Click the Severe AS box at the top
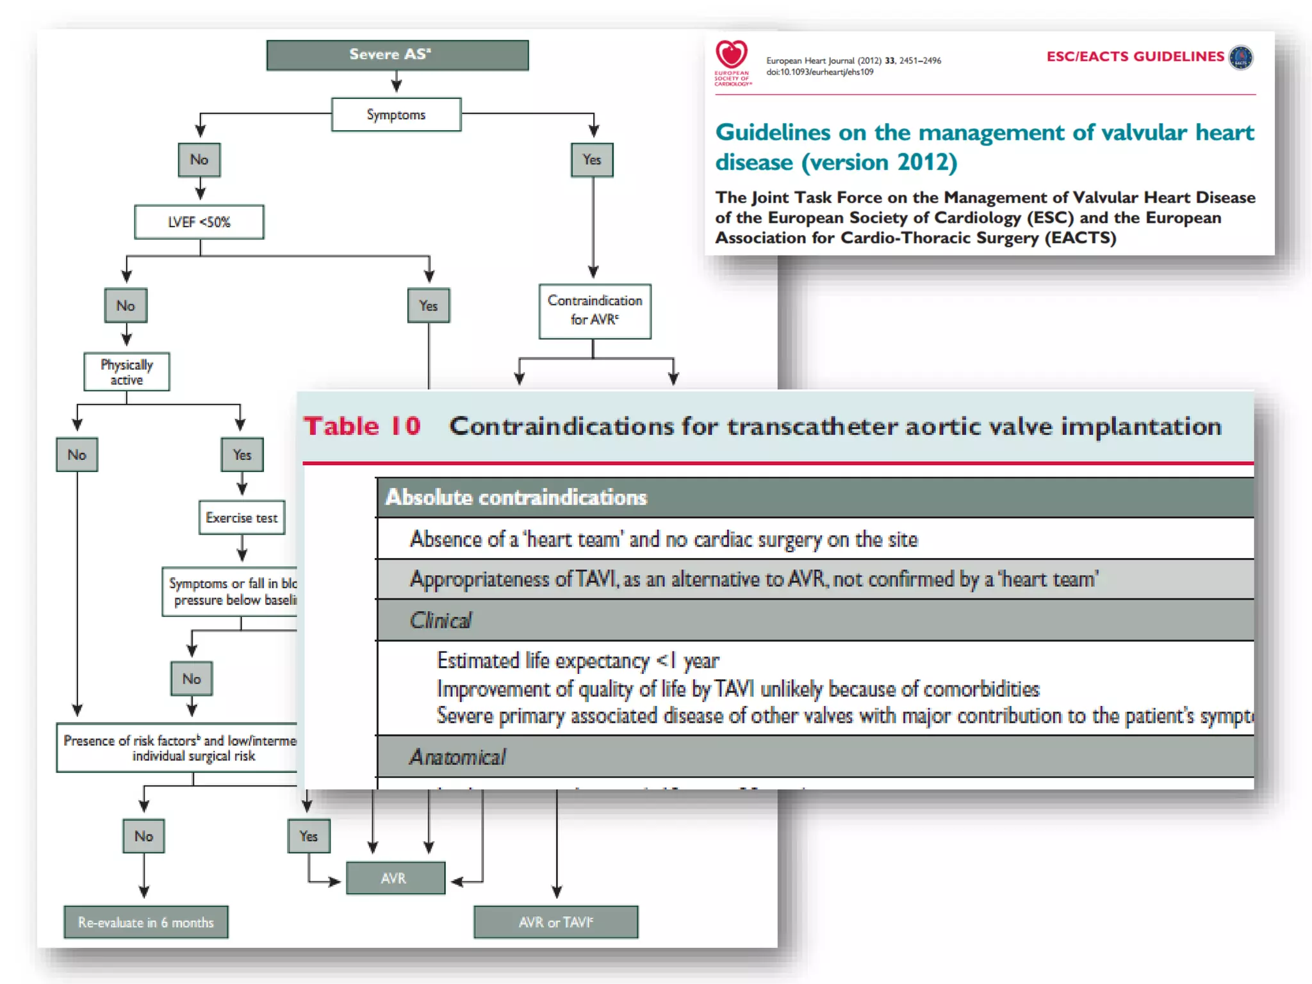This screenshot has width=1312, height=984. pyautogui.click(x=397, y=55)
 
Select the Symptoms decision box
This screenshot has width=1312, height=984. pyautogui.click(x=396, y=115)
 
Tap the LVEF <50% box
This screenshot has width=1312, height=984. pyautogui.click(x=199, y=222)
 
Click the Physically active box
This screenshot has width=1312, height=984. pyautogui.click(x=127, y=372)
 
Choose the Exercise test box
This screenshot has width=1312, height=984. pyautogui.click(x=242, y=518)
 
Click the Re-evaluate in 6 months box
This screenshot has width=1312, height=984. pyautogui.click(x=146, y=922)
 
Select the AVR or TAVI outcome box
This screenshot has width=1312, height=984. pyautogui.click(x=556, y=922)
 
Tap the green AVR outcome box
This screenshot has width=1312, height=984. pyautogui.click(x=395, y=878)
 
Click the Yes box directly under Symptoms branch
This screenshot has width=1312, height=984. pyautogui.click(x=592, y=160)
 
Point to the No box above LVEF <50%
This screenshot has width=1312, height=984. pyautogui.click(x=199, y=160)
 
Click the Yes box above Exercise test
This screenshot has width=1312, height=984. pyautogui.click(x=242, y=455)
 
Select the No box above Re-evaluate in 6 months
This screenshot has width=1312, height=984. pyautogui.click(x=143, y=836)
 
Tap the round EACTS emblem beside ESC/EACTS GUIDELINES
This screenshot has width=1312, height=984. pyautogui.click(x=1242, y=58)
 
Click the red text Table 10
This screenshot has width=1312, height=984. pyautogui.click(x=362, y=427)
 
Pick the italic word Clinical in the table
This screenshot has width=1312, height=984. pyautogui.click(x=441, y=621)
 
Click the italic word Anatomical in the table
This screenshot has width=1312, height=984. pyautogui.click(x=457, y=757)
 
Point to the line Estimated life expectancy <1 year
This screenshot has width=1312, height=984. pyautogui.click(x=578, y=660)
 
